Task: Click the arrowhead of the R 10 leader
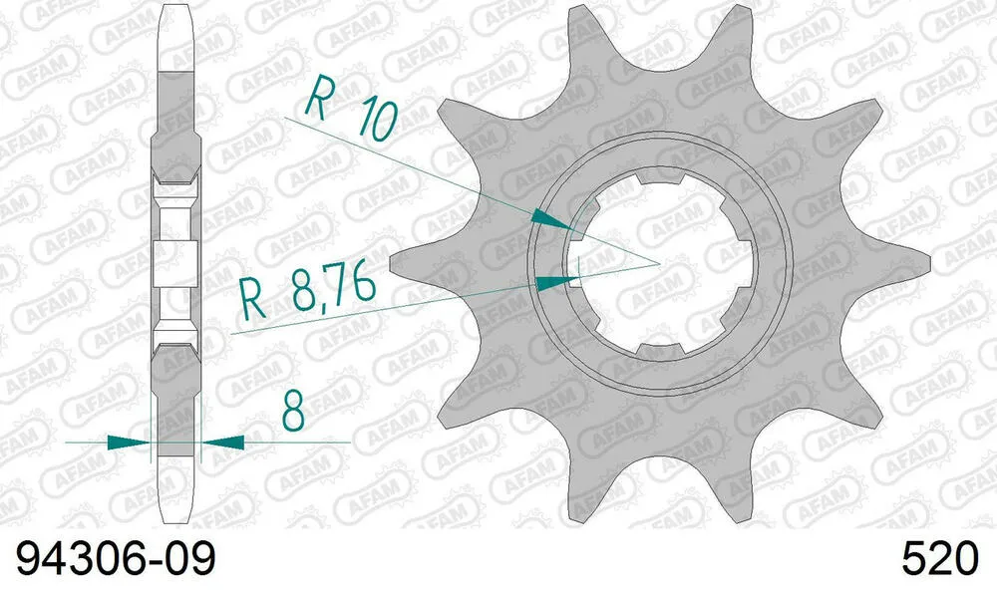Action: pos(549,218)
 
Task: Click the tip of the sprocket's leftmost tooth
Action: pos(393,264)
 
